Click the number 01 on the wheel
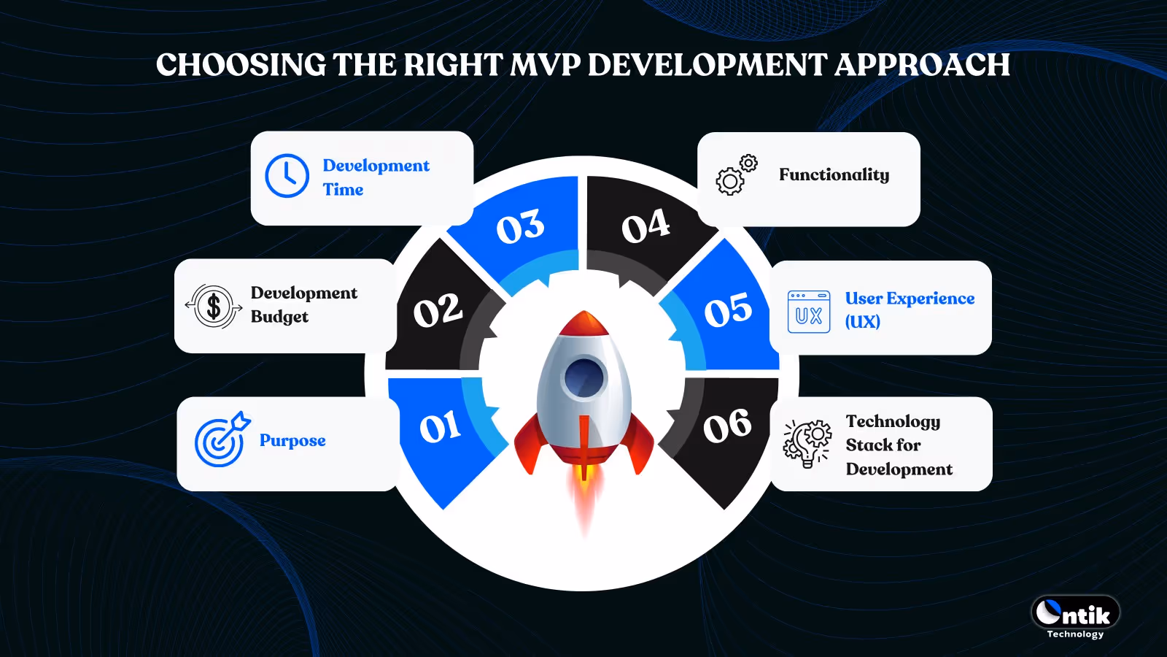(440, 428)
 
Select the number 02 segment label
(438, 311)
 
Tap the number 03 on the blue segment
(520, 227)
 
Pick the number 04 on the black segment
(645, 226)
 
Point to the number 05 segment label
(727, 310)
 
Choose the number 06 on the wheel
(726, 426)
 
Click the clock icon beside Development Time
(287, 176)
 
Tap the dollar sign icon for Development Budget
(214, 307)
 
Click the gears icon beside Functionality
(735, 175)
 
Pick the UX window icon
(808, 312)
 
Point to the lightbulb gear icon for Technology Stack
(807, 442)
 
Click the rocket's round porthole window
(583, 377)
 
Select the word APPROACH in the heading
(922, 65)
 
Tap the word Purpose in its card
(292, 441)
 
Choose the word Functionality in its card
(834, 175)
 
